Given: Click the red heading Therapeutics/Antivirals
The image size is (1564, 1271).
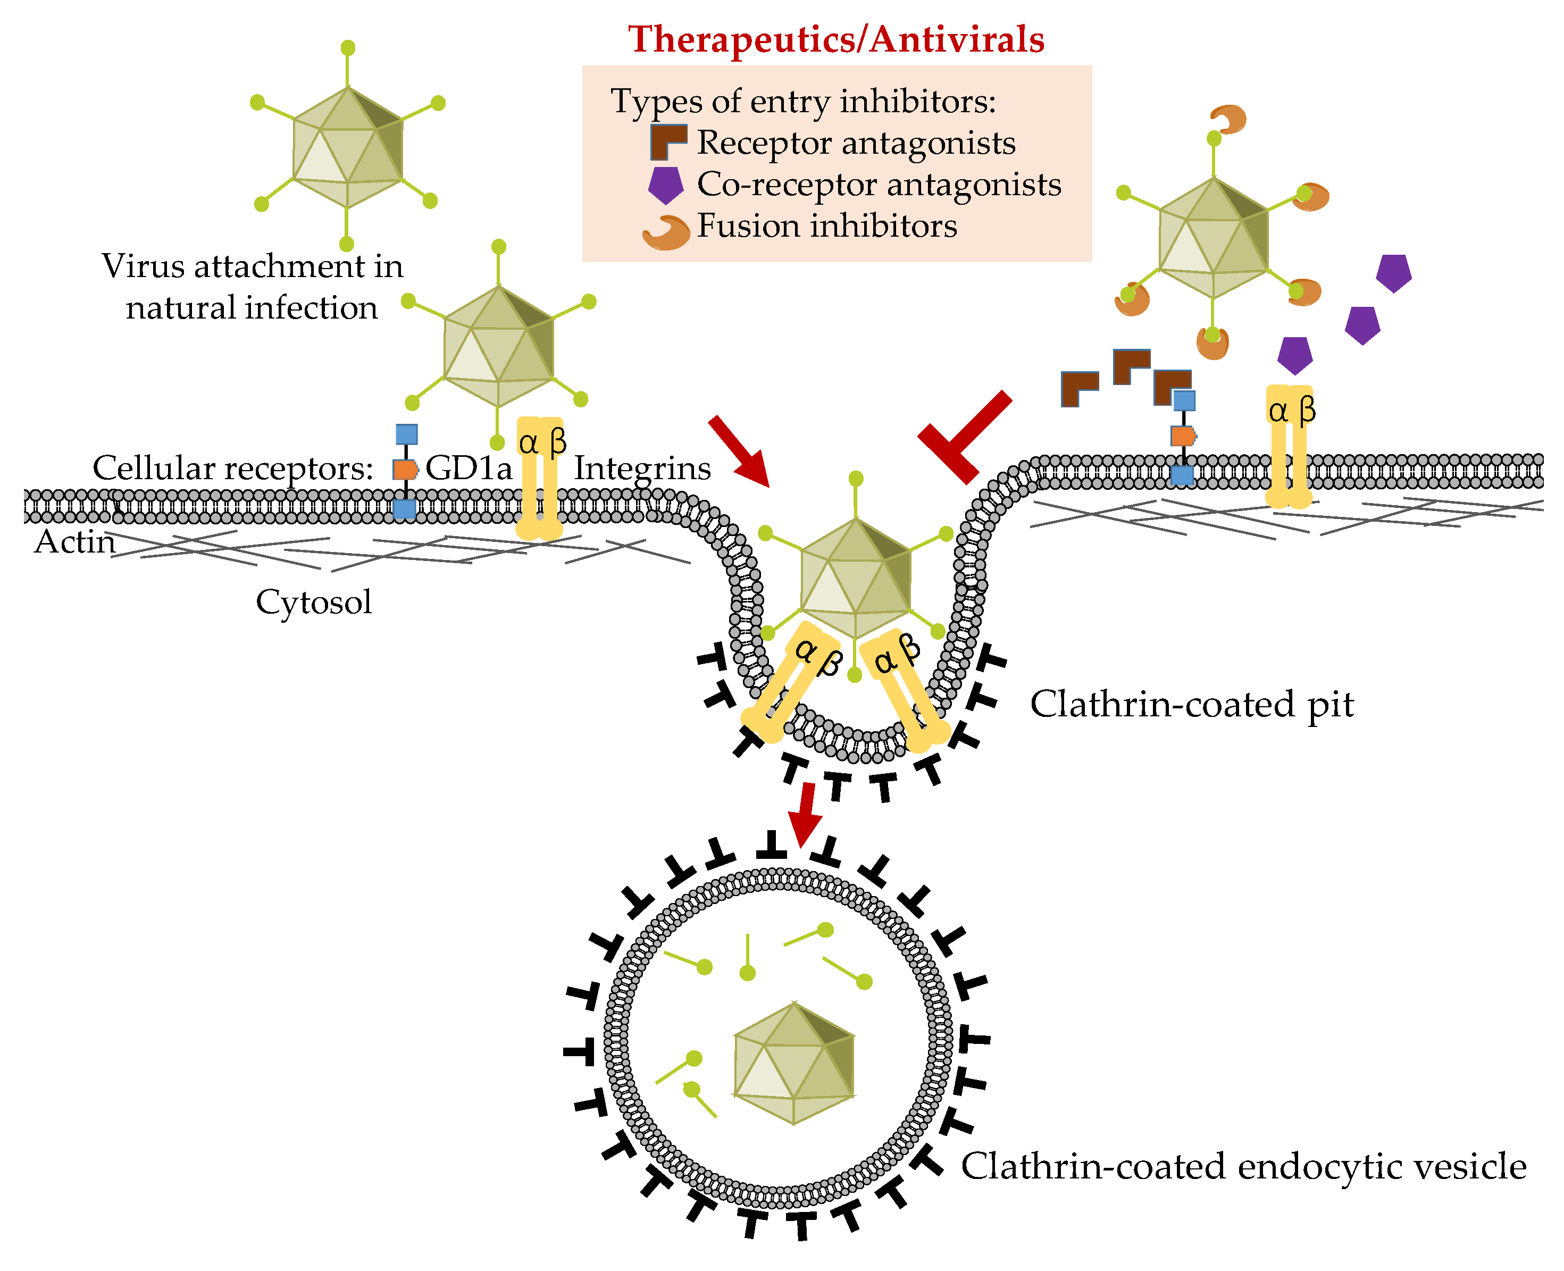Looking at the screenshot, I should coord(835,39).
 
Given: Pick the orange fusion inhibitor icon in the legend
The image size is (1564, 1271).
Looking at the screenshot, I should coord(666,232).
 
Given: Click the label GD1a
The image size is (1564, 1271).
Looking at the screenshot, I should coord(468,468).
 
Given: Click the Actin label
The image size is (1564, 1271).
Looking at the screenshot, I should coord(74,542).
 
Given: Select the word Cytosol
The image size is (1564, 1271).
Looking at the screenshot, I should coord(313,602).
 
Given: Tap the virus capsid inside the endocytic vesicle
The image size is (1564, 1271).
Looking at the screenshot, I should coord(794,1063).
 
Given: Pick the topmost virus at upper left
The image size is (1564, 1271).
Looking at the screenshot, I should coord(347,146).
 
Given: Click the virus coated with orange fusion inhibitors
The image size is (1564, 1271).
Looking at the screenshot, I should coord(1213,238).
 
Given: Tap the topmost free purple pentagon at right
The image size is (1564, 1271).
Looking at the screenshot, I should coord(1393,272).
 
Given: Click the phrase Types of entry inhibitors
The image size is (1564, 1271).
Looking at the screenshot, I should coord(803,101).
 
